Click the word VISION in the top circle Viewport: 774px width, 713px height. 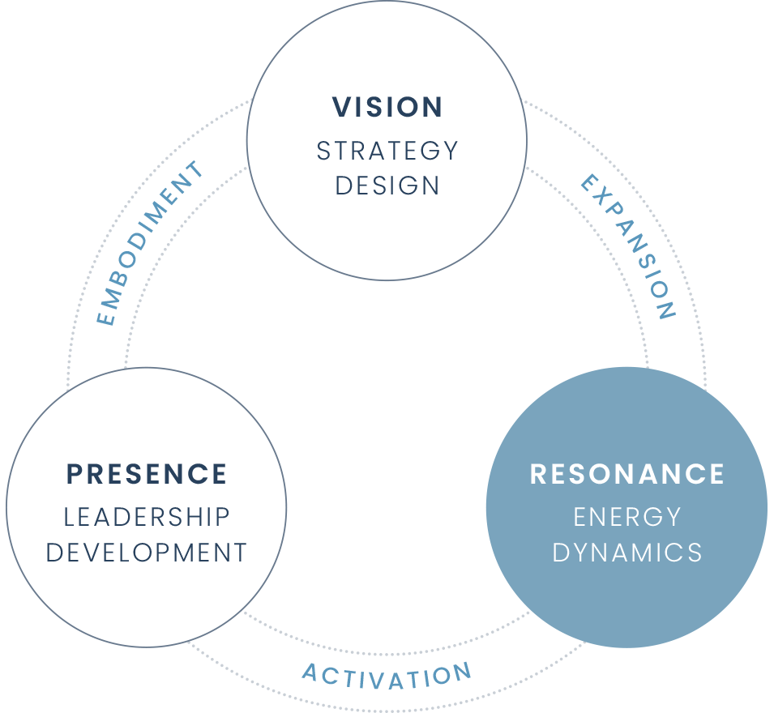click(x=387, y=107)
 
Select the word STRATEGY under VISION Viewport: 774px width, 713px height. click(x=387, y=151)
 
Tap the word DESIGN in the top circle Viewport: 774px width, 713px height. click(x=387, y=186)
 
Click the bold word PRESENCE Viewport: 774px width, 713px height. click(x=147, y=474)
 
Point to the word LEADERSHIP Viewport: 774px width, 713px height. click(x=147, y=517)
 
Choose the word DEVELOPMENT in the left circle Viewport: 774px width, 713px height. click(x=147, y=553)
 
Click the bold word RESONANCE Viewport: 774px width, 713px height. click(x=626, y=474)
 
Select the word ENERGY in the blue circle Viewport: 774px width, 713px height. click(x=626, y=517)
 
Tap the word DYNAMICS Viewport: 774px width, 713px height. click(x=626, y=553)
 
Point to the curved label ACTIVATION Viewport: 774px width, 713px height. click(x=387, y=674)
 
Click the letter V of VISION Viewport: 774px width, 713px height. click(x=341, y=107)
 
